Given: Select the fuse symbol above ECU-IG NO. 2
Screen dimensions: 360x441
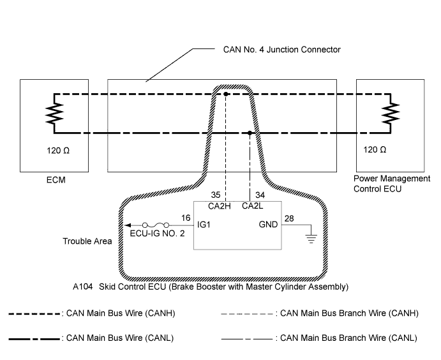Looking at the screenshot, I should point(156,225).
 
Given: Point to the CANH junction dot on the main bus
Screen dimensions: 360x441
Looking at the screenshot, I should point(226,94).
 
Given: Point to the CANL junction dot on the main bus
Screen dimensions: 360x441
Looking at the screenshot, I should point(249,133).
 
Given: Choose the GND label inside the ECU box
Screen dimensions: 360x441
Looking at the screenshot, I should point(269,225).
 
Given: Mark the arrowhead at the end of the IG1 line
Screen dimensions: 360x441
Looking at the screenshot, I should point(127,225).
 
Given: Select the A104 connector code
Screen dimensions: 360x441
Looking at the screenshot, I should point(84,287).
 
